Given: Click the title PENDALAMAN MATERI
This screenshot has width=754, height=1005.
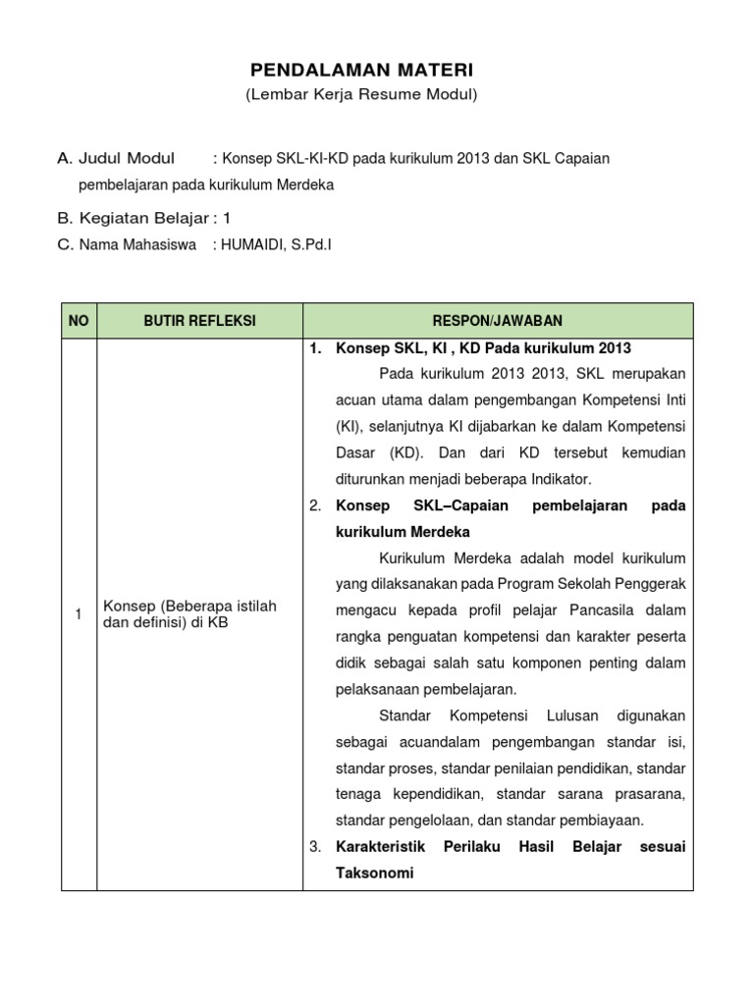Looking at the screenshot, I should pyautogui.click(x=361, y=71).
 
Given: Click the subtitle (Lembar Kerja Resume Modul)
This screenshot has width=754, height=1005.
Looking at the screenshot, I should pyautogui.click(x=361, y=95).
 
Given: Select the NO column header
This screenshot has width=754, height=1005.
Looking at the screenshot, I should pyautogui.click(x=79, y=321).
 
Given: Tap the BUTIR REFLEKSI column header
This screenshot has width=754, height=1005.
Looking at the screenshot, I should pyautogui.click(x=199, y=321).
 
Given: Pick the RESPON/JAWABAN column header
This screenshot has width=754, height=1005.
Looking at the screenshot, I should pyautogui.click(x=498, y=321).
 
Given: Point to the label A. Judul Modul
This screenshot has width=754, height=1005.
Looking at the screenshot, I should pyautogui.click(x=116, y=158).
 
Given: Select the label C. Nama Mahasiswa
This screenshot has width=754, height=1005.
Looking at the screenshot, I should pyautogui.click(x=127, y=245).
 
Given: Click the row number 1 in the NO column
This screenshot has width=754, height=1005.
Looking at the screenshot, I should pyautogui.click(x=79, y=614).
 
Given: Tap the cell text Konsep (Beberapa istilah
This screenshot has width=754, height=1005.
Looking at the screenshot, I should pyautogui.click(x=190, y=607).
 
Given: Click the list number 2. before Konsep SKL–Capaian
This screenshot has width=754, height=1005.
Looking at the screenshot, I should pyautogui.click(x=315, y=505).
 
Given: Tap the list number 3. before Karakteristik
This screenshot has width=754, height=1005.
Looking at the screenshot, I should pyautogui.click(x=315, y=846).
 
